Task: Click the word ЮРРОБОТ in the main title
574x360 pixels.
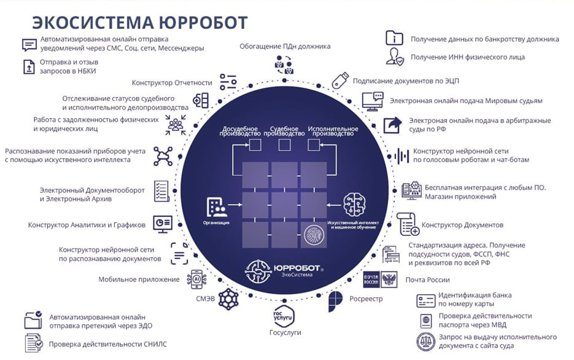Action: pos(203,22)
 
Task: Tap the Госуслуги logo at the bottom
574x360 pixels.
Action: pos(284,316)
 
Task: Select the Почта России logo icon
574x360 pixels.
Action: pos(380,280)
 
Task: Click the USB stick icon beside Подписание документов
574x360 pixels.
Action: pos(340,80)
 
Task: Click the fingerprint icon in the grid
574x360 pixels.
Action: pos(314,235)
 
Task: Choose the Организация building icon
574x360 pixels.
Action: pos(216,207)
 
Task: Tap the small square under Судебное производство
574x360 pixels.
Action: pos(284,145)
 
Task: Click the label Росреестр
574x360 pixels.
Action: pos(366,299)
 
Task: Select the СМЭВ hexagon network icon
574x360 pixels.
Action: pos(228,299)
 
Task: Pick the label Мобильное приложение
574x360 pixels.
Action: pos(139,280)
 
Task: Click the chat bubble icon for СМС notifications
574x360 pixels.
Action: pos(29,45)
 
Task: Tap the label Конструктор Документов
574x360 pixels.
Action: pos(462,225)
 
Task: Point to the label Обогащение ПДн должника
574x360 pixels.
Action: pos(285,46)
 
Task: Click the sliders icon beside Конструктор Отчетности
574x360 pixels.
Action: pos(228,82)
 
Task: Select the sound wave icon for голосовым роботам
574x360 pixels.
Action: pos(401,157)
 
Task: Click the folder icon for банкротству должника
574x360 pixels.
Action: pos(394,38)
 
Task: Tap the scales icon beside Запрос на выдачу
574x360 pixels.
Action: pos(426,342)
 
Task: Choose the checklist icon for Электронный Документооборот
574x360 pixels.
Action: pos(161,191)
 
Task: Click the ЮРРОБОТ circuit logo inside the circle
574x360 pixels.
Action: pos(258,271)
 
